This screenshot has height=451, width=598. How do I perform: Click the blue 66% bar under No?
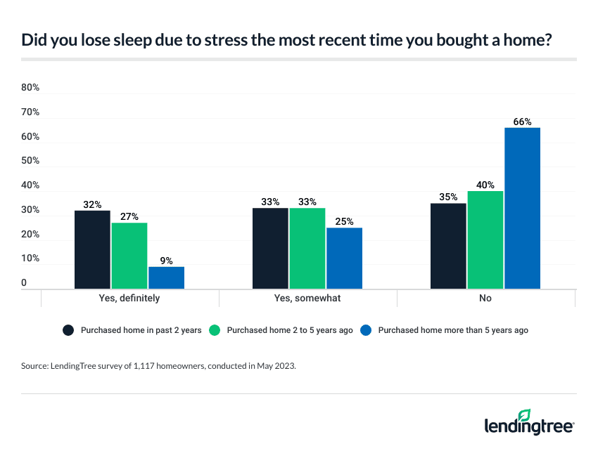[522, 208]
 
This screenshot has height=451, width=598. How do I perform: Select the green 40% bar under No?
[485, 240]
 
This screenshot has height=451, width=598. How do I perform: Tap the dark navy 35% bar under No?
[449, 246]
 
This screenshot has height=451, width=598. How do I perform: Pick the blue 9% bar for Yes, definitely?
[166, 277]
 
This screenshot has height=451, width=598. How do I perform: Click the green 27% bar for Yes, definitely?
[129, 256]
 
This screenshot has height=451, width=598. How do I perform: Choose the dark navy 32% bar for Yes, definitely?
[93, 249]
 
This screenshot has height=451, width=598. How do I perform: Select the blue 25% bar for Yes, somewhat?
[344, 258]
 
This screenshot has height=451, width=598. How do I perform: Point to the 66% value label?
[522, 122]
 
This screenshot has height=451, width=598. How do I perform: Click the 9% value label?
[166, 261]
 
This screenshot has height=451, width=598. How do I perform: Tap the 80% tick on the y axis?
[30, 88]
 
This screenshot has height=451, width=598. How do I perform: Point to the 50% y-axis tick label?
[30, 161]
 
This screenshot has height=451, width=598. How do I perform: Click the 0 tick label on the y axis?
[25, 283]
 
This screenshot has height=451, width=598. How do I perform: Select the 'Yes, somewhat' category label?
[307, 299]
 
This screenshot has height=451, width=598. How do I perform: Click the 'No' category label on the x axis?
[485, 299]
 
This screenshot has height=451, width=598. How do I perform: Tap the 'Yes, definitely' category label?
[129, 299]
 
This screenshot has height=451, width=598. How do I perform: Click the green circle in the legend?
[215, 330]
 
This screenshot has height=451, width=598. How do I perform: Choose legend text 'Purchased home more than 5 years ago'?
[453, 330]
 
